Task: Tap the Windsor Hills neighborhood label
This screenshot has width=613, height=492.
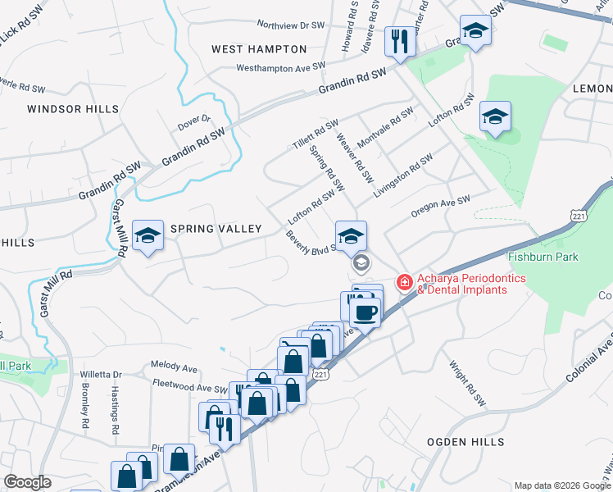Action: [x=73, y=108]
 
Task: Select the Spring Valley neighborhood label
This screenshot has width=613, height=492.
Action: [x=216, y=229]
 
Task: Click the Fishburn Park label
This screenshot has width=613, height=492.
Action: [x=543, y=257]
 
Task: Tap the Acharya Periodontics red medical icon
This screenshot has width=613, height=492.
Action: [x=404, y=283]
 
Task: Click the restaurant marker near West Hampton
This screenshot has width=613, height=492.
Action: [x=399, y=39]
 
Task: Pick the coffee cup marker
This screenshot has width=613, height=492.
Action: [x=365, y=312]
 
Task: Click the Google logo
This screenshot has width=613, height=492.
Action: [x=27, y=482]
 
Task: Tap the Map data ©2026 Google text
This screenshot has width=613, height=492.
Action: [x=561, y=485]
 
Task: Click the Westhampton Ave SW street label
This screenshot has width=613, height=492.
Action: [x=281, y=67]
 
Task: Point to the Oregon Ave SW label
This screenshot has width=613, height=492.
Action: [x=441, y=205]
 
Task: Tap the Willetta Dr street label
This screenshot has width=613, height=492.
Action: [x=101, y=374]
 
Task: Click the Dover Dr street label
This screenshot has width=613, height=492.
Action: [x=195, y=123]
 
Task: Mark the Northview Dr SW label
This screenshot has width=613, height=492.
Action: [x=293, y=25]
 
